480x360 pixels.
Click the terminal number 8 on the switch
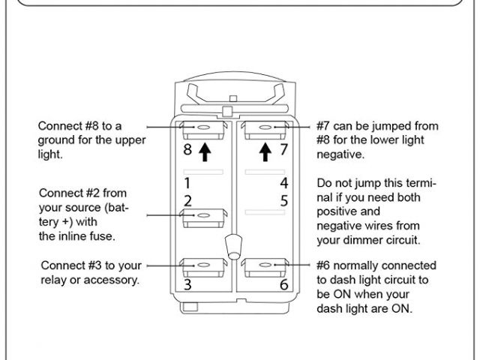point(188,149)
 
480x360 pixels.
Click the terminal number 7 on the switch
point(284,149)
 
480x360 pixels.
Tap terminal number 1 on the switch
point(187,182)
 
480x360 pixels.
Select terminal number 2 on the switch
point(187,200)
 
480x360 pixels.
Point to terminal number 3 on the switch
point(187,285)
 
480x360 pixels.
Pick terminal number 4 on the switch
point(284,182)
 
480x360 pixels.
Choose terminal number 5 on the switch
point(284,200)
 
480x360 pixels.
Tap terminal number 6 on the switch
point(284,285)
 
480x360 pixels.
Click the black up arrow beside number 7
point(264,152)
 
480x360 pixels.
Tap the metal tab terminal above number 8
point(203,130)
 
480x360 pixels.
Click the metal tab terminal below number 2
point(203,217)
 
